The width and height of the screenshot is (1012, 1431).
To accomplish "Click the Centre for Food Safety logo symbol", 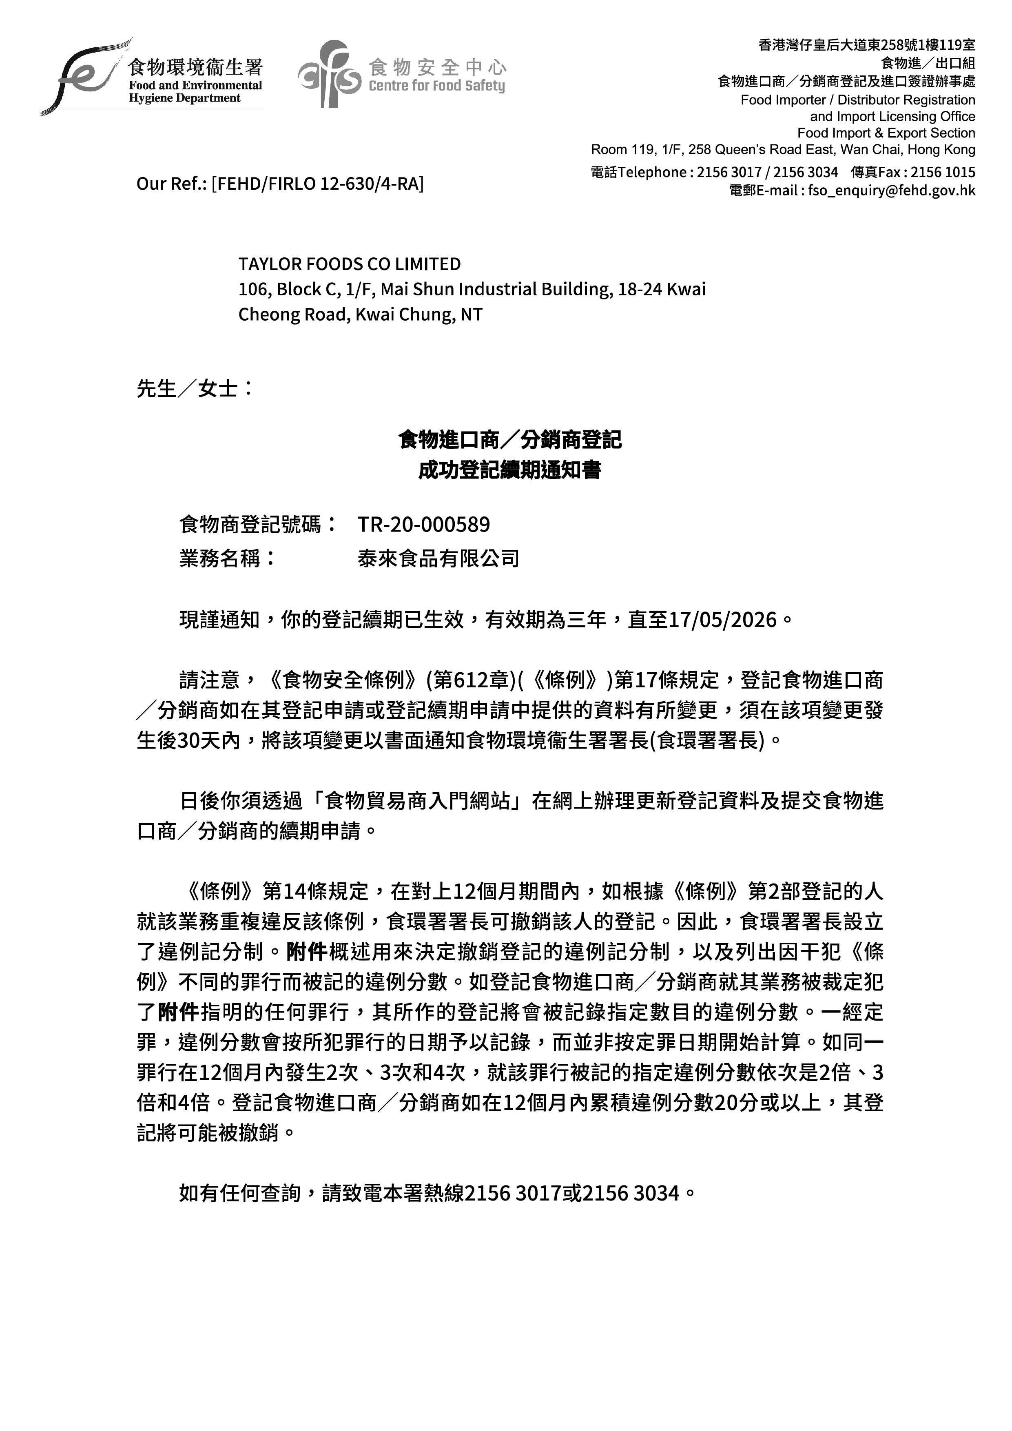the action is [x=329, y=73].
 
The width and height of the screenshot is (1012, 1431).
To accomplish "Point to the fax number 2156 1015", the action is [x=943, y=172].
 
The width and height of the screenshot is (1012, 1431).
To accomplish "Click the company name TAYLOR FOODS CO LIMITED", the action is [x=350, y=264].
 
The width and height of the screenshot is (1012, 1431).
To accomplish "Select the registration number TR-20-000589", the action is [x=424, y=525].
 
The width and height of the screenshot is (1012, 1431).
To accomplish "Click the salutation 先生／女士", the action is [x=187, y=388].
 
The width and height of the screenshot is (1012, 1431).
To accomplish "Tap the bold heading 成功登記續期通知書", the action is [x=509, y=470].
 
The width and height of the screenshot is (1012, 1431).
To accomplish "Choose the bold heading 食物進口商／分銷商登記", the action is [x=509, y=440].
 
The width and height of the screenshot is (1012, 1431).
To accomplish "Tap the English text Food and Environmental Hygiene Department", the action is [x=195, y=92].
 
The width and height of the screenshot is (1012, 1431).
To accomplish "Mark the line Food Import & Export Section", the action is [x=886, y=133].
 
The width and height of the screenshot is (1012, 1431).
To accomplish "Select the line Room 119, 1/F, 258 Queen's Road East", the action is [x=717, y=150].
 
